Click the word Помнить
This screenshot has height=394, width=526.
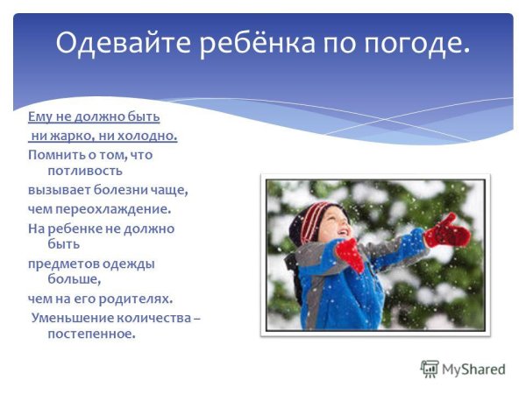(55, 154)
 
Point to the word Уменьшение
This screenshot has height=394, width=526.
(73, 317)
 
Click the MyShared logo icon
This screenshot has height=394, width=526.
(430, 369)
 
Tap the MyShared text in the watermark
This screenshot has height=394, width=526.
(473, 369)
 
